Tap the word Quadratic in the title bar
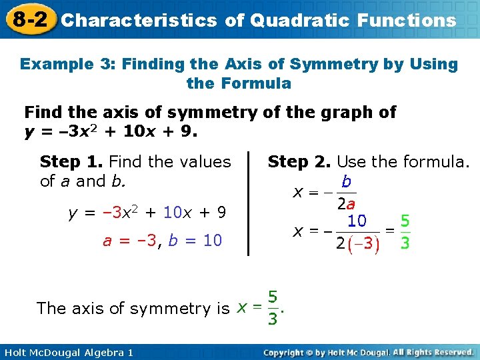coord(291,20)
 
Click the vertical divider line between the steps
coord(248,203)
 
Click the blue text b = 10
coord(194,241)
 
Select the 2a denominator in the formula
coord(345,203)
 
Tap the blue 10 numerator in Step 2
coord(357,221)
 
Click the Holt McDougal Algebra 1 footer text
coord(67,352)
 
